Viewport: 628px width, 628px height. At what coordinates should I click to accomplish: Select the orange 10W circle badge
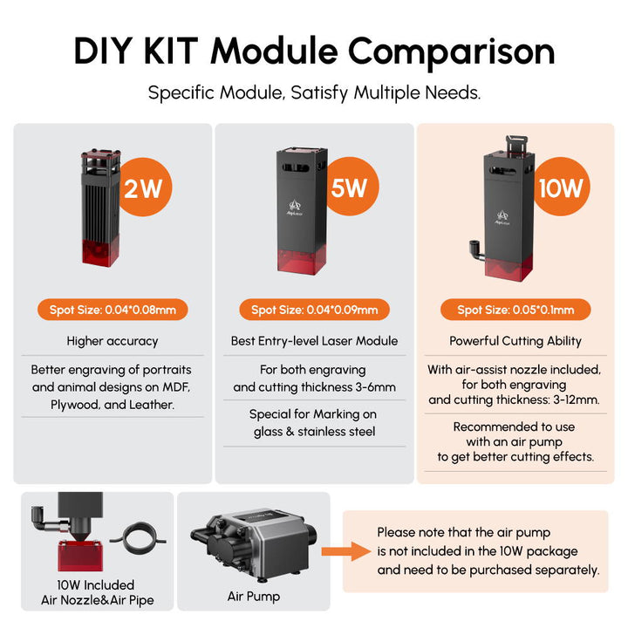tap(561, 187)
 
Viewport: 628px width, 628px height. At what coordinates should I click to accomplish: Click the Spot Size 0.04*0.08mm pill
tap(113, 310)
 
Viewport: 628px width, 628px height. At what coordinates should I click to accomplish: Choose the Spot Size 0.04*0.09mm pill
tap(314, 310)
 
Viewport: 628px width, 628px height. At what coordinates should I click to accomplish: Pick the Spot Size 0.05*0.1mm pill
tap(515, 310)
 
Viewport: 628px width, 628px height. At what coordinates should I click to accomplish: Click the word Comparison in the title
tap(452, 52)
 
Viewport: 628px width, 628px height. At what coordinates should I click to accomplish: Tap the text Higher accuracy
tap(113, 341)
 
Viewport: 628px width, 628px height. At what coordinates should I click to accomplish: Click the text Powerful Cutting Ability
tap(515, 341)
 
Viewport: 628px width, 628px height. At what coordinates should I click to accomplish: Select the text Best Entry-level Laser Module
tap(314, 341)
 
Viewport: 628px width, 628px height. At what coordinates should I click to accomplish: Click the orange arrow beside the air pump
tap(346, 551)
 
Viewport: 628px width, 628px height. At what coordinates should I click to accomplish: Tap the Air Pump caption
tap(254, 597)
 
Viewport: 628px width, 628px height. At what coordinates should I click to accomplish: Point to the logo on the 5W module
tap(295, 208)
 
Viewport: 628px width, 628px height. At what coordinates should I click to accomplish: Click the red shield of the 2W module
tap(100, 251)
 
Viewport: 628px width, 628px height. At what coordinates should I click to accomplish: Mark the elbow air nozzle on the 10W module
tap(476, 250)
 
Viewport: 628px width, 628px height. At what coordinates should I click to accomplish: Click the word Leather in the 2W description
tap(151, 405)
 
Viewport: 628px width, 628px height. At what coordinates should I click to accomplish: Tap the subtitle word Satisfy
tap(319, 93)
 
